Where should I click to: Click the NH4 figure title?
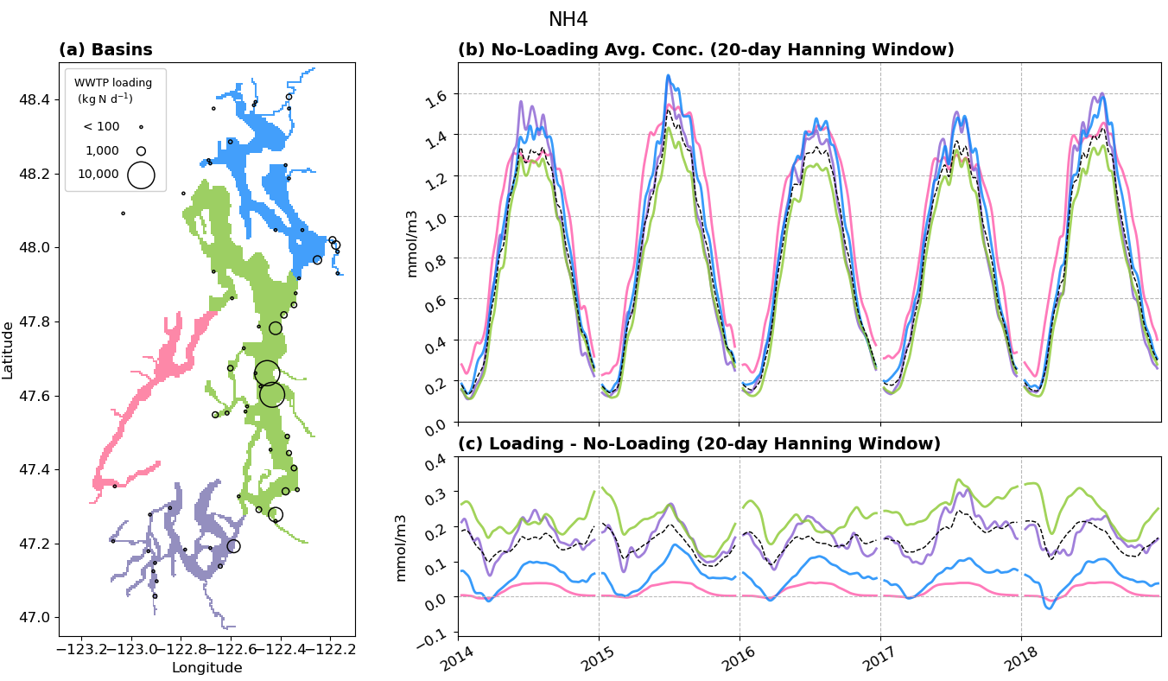coord(568,20)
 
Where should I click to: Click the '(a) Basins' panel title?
coord(105,50)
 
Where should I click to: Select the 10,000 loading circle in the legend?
coord(141,175)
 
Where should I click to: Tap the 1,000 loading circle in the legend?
coord(141,151)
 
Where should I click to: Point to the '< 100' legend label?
coord(101,127)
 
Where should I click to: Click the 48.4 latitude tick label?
coord(34,100)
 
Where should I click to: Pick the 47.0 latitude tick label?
coord(34,618)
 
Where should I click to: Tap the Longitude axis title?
coord(206,667)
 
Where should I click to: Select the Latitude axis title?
coord(9,350)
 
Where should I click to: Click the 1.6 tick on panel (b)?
coord(441,92)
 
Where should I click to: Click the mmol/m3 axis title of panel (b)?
coord(412,244)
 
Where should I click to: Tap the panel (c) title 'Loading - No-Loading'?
coord(698,444)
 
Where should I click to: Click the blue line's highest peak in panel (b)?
coord(668,75)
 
